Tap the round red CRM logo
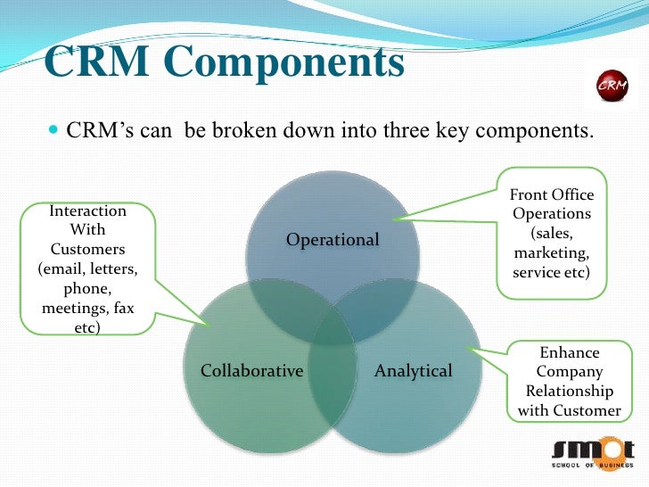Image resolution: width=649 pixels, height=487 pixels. pyautogui.click(x=611, y=86)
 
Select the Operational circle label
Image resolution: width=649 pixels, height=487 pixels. pyautogui.click(x=333, y=240)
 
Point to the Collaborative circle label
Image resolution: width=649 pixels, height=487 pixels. pyautogui.click(x=252, y=370)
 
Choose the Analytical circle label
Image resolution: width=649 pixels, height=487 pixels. pyautogui.click(x=414, y=370)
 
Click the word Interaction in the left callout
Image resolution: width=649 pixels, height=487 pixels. pyautogui.click(x=87, y=211)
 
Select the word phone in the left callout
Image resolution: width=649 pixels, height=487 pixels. pyautogui.click(x=86, y=290)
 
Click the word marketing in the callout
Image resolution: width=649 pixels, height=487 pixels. pyautogui.click(x=551, y=253)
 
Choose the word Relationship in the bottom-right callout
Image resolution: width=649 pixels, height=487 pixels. pyautogui.click(x=570, y=391)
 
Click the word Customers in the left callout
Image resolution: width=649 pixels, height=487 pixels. pyautogui.click(x=87, y=250)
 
